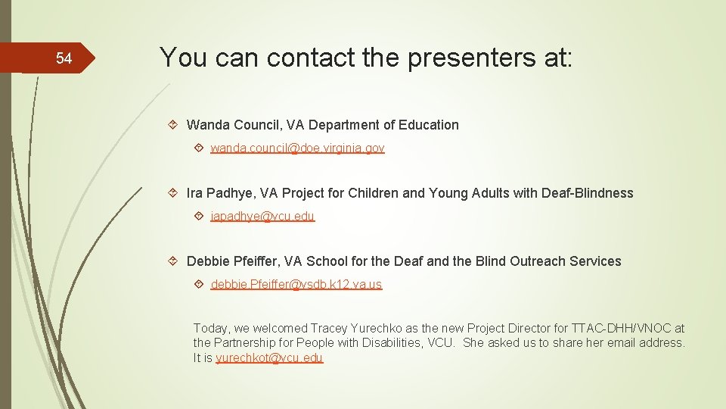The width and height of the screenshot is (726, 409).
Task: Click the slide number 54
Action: click(x=64, y=58)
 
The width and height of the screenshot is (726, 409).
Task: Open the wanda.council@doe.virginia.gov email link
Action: click(x=297, y=148)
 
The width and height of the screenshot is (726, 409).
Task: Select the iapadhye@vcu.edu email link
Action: click(x=262, y=217)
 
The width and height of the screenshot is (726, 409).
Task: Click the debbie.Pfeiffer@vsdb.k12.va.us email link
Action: click(x=296, y=285)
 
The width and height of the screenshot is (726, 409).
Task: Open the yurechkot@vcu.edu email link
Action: click(x=269, y=358)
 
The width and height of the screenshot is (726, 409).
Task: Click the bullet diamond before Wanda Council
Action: click(x=173, y=125)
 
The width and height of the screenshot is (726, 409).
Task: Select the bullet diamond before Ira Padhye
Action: click(x=173, y=193)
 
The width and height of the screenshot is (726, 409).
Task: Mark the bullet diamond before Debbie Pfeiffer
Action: click(x=173, y=261)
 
